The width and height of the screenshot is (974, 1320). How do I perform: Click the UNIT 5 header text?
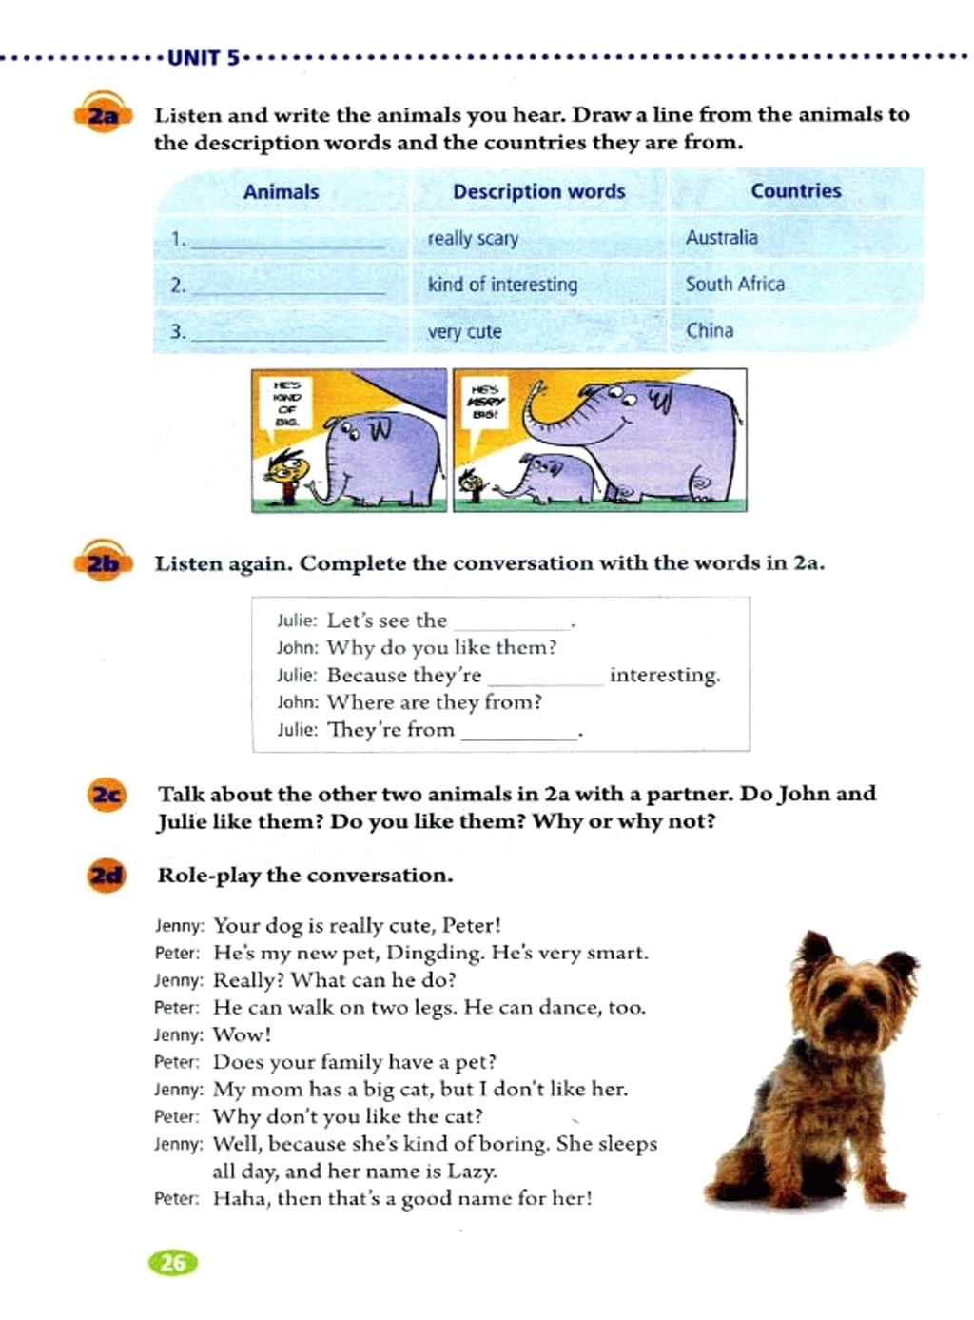(204, 58)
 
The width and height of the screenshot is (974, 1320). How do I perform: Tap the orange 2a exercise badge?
(102, 116)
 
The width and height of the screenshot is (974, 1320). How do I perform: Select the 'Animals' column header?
(281, 191)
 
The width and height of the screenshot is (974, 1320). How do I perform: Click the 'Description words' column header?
(538, 191)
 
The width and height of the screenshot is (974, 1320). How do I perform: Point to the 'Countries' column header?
(796, 190)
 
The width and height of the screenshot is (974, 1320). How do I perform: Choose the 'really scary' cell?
(473, 238)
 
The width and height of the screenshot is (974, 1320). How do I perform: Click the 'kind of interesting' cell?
(502, 284)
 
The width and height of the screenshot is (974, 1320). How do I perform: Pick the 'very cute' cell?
(464, 331)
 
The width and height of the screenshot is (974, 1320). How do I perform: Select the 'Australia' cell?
(722, 237)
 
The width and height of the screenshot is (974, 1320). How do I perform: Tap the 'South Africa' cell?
(735, 284)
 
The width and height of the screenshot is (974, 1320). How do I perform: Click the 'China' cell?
(710, 330)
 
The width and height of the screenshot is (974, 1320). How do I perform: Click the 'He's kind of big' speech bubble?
(286, 404)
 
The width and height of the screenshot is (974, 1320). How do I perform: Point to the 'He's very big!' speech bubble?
(486, 403)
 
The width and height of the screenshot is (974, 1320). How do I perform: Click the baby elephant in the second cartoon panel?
(546, 476)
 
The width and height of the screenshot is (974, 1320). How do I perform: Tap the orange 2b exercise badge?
(103, 563)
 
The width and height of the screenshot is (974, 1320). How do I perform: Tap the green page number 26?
(173, 1263)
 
